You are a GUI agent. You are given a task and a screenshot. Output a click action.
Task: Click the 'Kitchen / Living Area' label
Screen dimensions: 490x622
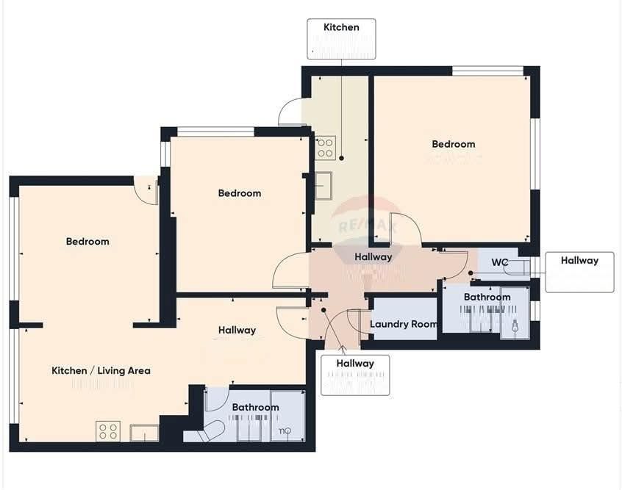pos(101,371)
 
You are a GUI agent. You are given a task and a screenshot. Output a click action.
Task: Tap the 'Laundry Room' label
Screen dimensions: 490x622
pos(404,324)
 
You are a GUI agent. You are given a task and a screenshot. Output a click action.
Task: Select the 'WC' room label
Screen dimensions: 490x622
pos(500,262)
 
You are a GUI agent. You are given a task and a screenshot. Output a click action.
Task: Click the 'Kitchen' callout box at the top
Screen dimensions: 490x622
pos(341,39)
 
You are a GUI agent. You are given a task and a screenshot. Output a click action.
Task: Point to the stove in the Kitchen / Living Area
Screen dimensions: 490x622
pos(108,431)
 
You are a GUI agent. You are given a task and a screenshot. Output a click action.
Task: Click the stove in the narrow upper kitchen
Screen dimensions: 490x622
pos(325,148)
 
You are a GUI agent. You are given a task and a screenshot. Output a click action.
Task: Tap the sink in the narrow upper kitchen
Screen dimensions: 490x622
pos(323,186)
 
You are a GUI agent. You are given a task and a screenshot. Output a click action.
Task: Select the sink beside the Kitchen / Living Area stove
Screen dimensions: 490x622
pos(144,433)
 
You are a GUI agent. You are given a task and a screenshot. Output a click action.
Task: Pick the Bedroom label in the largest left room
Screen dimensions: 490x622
pos(87,242)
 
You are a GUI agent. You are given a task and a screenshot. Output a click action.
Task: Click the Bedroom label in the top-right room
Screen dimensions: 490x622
pos(453,145)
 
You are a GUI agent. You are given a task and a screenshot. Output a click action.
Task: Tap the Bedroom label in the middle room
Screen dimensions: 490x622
pos(240,193)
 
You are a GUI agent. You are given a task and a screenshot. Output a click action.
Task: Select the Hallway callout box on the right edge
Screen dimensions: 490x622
pos(579,272)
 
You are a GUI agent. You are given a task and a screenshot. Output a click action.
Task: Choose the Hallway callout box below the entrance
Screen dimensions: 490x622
pos(355,375)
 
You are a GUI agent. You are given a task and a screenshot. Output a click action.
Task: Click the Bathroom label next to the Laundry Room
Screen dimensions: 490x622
pos(487,298)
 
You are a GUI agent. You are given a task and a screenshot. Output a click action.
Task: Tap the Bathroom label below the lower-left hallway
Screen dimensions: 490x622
pos(255,407)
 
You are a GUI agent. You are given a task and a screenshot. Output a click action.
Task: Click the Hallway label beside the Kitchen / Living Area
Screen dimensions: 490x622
pos(237,331)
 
